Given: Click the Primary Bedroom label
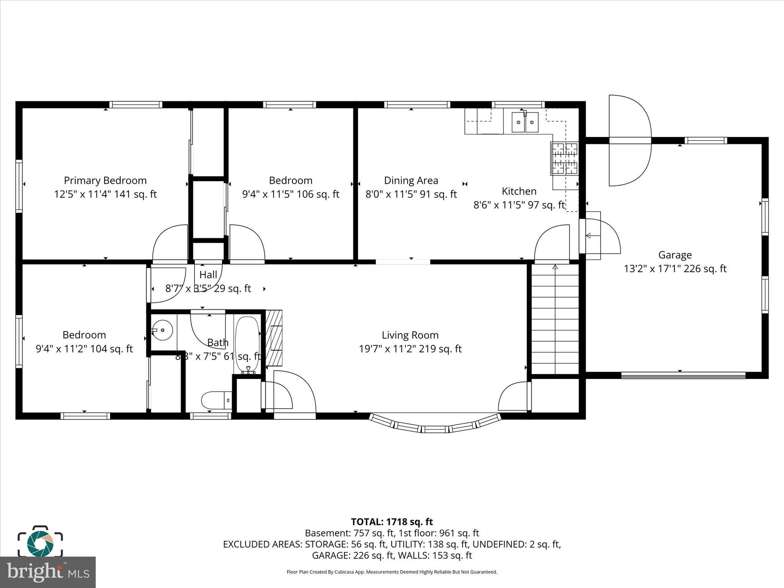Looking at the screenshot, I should (x=105, y=180).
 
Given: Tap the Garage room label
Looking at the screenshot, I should (x=675, y=255).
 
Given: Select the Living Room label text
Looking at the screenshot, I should (x=410, y=335).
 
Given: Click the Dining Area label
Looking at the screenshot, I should (x=411, y=180).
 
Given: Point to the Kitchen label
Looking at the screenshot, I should (x=519, y=191).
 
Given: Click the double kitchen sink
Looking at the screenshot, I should (x=525, y=122).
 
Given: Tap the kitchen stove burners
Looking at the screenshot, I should (x=564, y=158).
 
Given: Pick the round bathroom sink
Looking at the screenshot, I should (x=163, y=330).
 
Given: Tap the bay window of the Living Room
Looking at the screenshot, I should (x=435, y=426).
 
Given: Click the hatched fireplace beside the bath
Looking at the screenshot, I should (x=274, y=338).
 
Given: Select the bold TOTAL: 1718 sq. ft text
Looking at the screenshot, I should (x=392, y=522).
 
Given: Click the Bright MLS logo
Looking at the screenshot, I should (x=48, y=572).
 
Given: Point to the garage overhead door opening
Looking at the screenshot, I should (x=683, y=376).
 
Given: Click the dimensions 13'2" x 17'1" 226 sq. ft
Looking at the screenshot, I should (x=675, y=269).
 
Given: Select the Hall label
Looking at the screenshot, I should (x=208, y=274).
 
